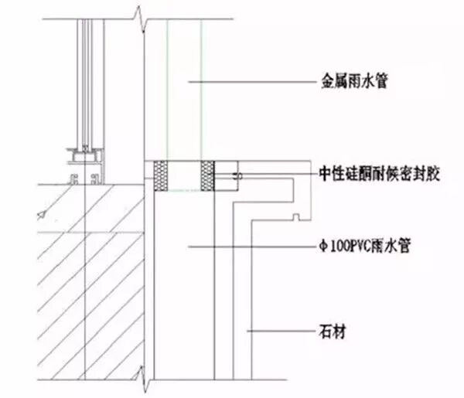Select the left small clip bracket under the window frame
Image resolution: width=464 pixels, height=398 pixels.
[x=76, y=179]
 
